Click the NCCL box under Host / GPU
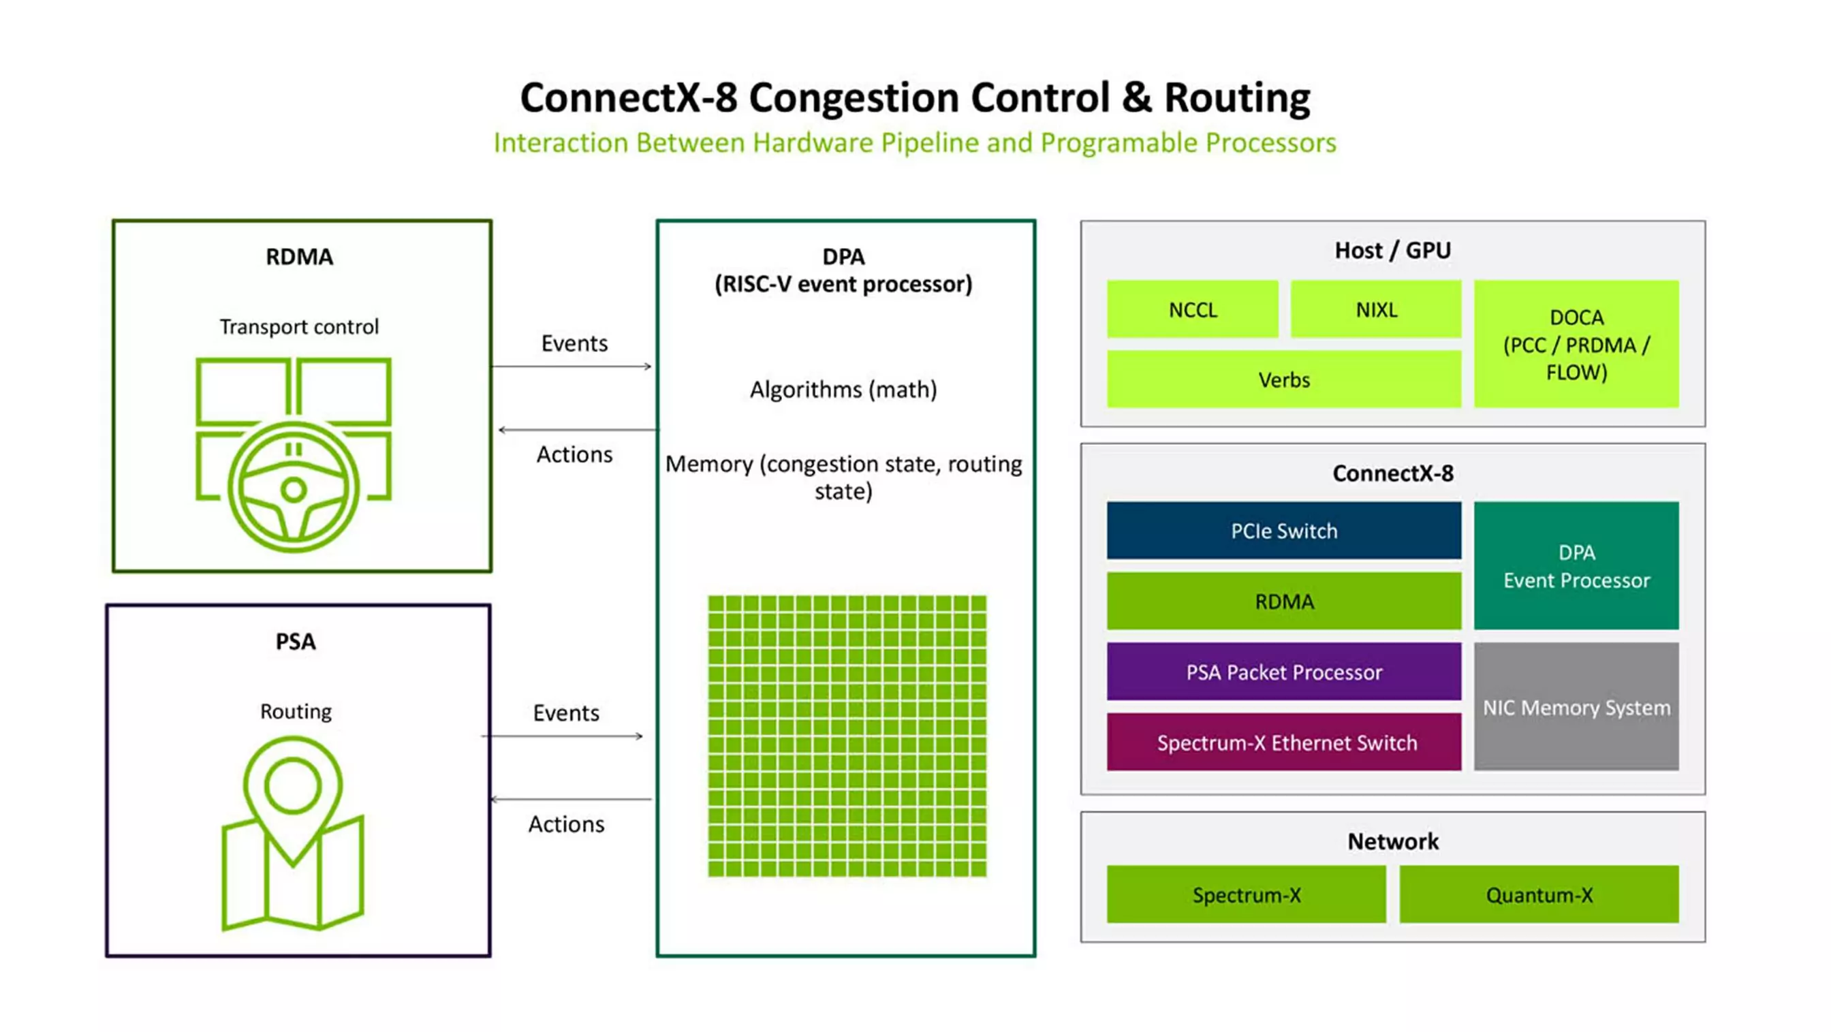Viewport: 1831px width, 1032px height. point(1192,309)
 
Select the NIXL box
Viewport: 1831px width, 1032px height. point(1375,309)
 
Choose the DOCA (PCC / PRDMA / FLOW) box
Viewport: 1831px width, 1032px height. point(1576,344)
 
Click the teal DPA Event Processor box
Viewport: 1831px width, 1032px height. point(1576,566)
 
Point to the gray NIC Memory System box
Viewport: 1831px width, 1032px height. point(1576,706)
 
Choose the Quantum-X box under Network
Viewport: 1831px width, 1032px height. point(1538,894)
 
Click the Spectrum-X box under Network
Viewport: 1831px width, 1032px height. point(1245,894)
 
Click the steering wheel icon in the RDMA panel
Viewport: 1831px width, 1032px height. point(293,488)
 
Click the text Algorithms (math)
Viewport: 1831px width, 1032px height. point(843,390)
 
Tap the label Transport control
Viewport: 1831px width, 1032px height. point(298,326)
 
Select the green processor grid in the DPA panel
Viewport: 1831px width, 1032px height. point(847,736)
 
